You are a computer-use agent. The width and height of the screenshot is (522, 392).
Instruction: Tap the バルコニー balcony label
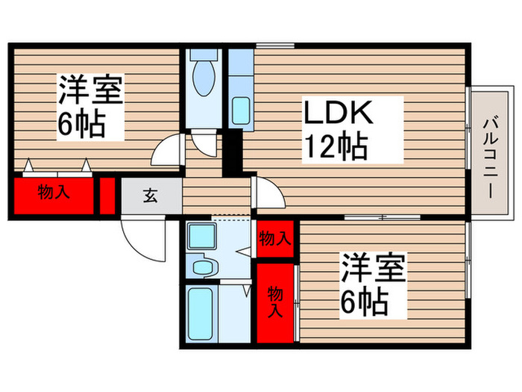click(x=490, y=157)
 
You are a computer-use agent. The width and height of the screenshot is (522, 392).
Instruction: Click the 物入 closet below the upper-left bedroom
click(x=54, y=193)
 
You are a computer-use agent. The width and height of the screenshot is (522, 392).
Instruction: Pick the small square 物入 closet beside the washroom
click(x=275, y=239)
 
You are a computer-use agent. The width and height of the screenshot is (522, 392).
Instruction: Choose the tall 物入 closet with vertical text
click(x=275, y=301)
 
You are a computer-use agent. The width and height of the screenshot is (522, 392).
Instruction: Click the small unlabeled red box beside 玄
click(x=107, y=195)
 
